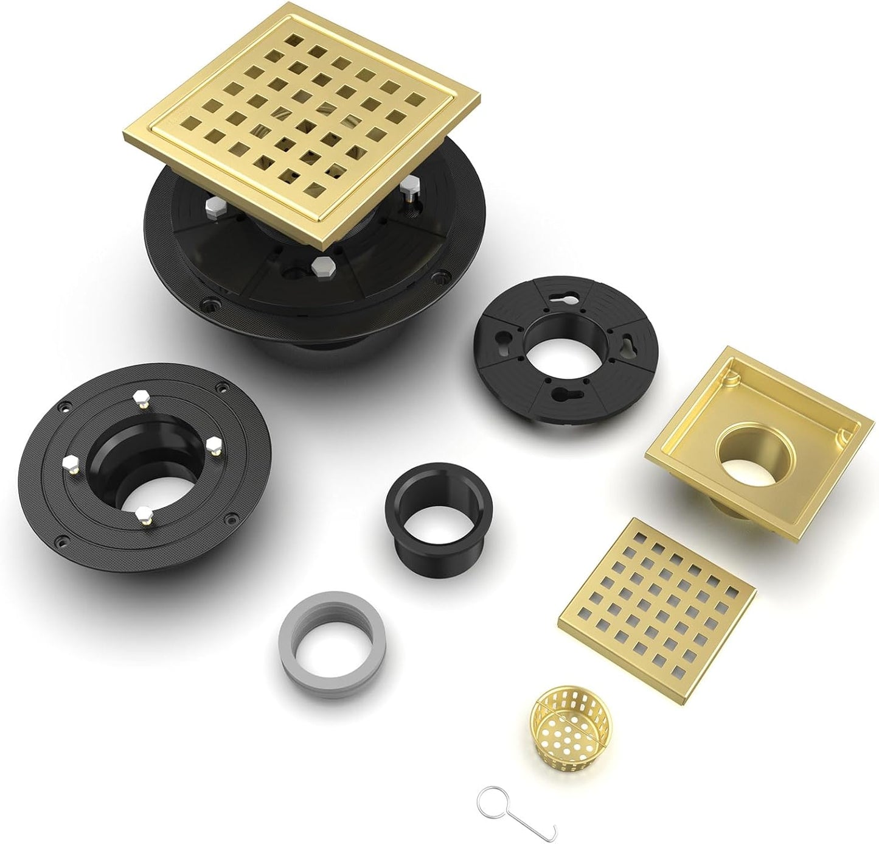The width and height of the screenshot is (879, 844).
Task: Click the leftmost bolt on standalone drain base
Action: tap(68, 458)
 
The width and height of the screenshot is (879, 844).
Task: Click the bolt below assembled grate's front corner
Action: tap(317, 266)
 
